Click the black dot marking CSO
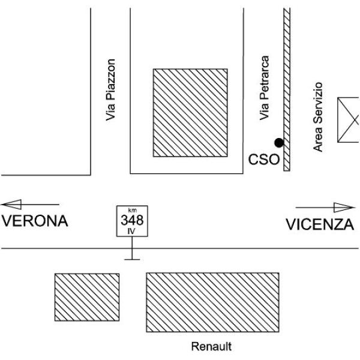tap(278, 142)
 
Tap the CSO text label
tap(264, 160)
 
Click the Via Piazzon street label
tap(110, 91)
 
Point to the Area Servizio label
tap(318, 116)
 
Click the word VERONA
tap(34, 221)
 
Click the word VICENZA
tap(319, 224)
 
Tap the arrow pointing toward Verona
tap(30, 205)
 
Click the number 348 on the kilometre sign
tap(132, 219)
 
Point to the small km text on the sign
tap(132, 210)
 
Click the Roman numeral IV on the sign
tap(132, 229)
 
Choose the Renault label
tap(211, 346)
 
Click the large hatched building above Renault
tap(212, 302)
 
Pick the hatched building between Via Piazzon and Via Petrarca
tap(190, 112)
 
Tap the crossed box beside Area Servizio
tap(349, 120)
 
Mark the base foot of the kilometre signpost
tap(132, 259)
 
